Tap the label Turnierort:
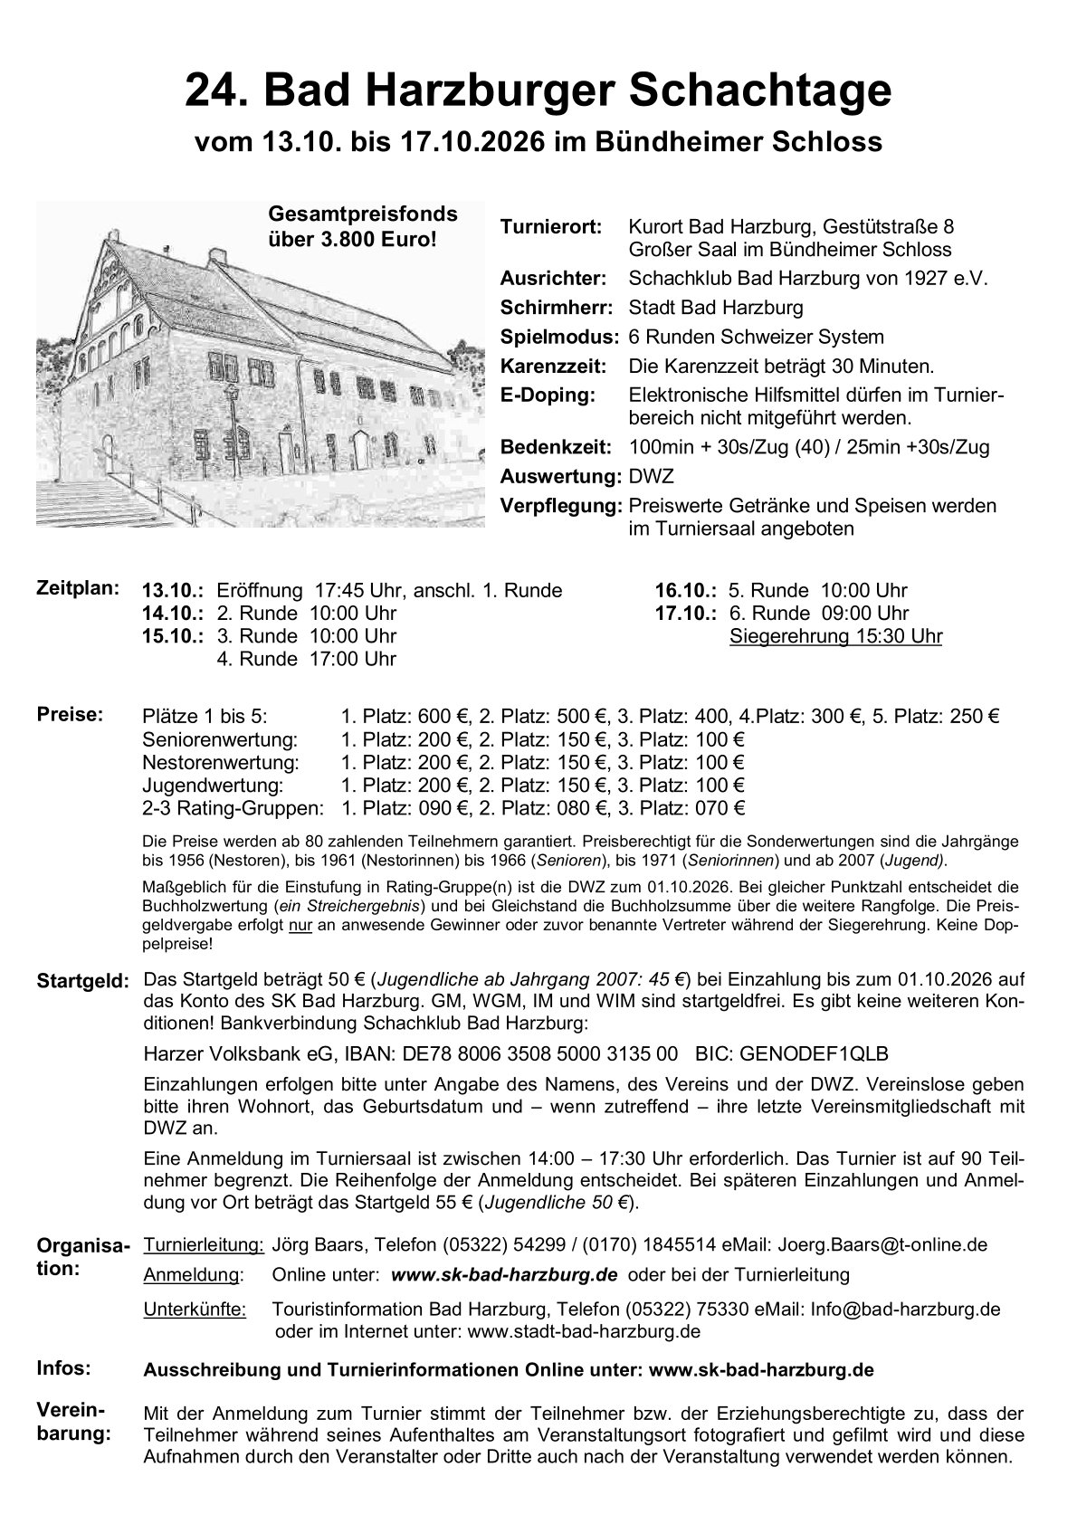[550, 226]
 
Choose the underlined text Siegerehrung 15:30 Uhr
[835, 636]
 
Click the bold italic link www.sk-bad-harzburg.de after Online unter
[504, 1274]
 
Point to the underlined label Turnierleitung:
[204, 1244]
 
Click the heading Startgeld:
[83, 981]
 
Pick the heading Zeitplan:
[78, 587]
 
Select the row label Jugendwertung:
[213, 786]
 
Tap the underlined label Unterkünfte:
[195, 1309]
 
